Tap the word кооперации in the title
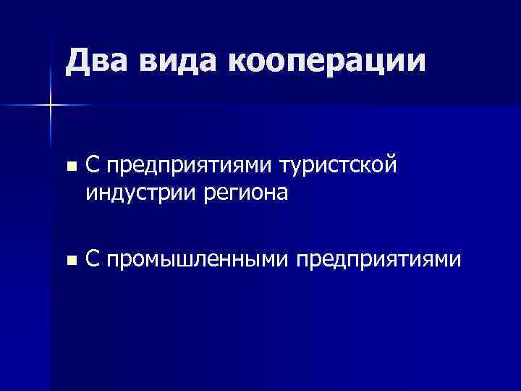pos(326,61)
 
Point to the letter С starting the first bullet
pos(92,166)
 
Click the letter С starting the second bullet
pos(92,258)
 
